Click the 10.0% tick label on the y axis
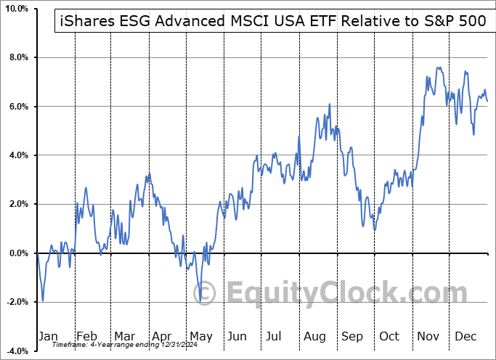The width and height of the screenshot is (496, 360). (x=16, y=9)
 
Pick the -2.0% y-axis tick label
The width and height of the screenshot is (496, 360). (x=16, y=302)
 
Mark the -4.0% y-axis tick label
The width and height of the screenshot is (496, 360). (x=16, y=351)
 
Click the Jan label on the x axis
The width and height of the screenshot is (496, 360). (x=47, y=336)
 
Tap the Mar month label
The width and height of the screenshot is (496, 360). (x=124, y=336)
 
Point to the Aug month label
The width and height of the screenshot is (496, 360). (x=314, y=336)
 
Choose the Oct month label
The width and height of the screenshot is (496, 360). (x=389, y=336)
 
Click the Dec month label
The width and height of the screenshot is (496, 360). (x=465, y=336)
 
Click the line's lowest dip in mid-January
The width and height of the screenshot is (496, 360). (x=43, y=301)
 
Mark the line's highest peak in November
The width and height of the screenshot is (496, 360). (x=439, y=67)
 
